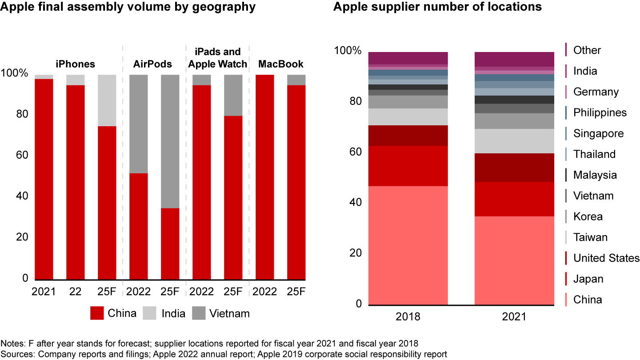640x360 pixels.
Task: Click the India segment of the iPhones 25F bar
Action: [x=107, y=100]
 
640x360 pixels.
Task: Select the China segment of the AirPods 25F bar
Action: [x=170, y=244]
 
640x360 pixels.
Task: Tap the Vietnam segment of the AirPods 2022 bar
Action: [x=138, y=124]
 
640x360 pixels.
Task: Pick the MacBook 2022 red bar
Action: [x=265, y=177]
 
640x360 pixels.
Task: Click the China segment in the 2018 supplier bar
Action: [x=408, y=245]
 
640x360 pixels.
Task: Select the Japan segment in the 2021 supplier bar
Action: [x=514, y=199]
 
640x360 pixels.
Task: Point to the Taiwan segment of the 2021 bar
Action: [x=514, y=141]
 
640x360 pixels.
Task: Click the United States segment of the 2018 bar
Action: [x=408, y=136]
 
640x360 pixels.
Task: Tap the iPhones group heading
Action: [x=75, y=64]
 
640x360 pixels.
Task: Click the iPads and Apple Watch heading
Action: [x=217, y=58]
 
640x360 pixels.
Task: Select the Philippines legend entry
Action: [x=600, y=112]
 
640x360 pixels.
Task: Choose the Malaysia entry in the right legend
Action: [x=595, y=175]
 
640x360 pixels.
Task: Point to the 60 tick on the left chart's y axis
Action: [x=23, y=156]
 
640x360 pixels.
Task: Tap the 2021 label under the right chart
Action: [x=514, y=317]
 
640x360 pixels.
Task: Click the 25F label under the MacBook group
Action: [x=296, y=292]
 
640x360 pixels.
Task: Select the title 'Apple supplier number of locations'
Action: [x=437, y=7]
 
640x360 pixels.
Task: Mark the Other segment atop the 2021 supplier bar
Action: [x=514, y=59]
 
